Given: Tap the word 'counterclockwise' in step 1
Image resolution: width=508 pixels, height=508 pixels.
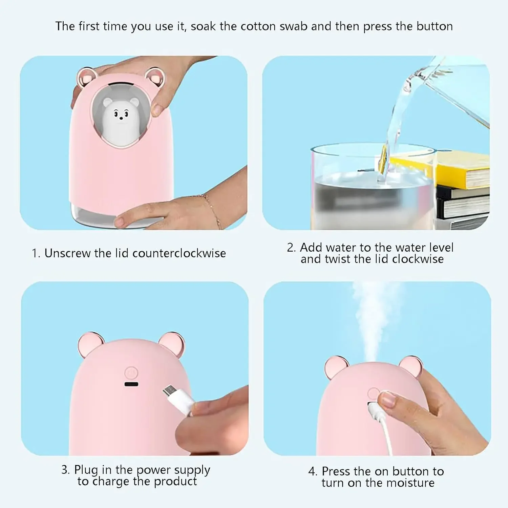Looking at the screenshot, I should coord(179,253).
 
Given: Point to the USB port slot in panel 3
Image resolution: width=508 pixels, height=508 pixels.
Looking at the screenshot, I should coord(131,384).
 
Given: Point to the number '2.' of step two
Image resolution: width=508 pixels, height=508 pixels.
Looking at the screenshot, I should coord(291,248).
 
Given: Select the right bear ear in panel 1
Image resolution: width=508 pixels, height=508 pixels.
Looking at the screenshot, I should coord(154,77).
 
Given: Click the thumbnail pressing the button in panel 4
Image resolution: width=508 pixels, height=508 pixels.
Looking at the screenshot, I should coord(388,400).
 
